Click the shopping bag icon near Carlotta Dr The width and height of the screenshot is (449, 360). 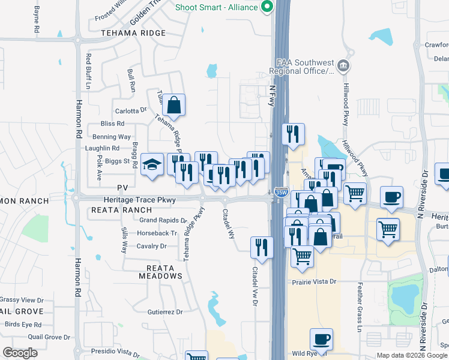coord(173,105)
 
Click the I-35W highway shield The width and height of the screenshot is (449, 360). coord(280,192)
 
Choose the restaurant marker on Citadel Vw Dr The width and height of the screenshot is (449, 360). coord(262,246)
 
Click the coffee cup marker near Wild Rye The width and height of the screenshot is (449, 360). coord(321,339)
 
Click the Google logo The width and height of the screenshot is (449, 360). coord(20,353)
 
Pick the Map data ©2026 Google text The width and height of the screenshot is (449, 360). coord(411,355)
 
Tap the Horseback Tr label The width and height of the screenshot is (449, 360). coord(157,233)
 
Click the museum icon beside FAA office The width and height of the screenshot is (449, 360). coord(343,65)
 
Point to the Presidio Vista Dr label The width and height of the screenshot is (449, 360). coord(115,351)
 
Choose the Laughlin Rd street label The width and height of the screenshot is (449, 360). coord(102,148)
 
